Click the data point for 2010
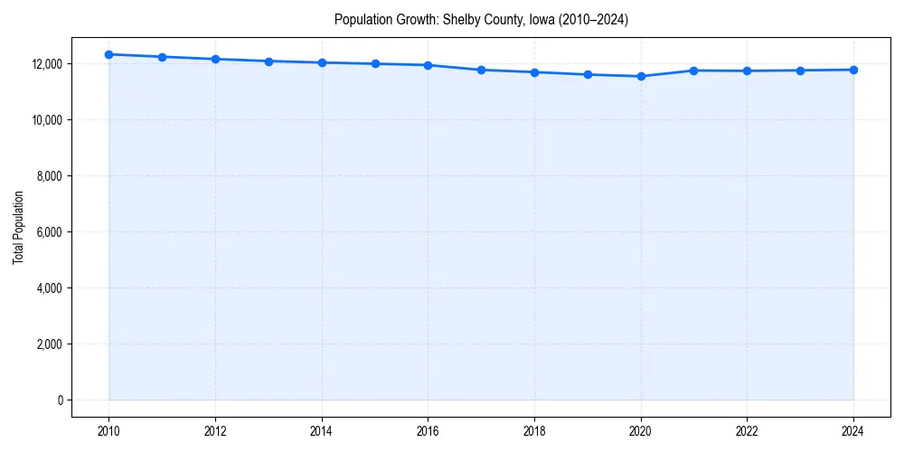point(108,54)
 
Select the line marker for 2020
point(641,76)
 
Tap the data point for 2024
point(853,70)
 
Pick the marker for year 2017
point(481,70)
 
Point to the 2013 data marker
point(268,61)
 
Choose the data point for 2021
point(694,71)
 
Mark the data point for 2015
point(375,63)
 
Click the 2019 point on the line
point(588,74)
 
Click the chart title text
point(481,19)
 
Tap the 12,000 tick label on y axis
point(46,64)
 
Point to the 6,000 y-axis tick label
point(49,232)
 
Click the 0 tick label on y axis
point(59,400)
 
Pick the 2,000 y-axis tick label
point(49,344)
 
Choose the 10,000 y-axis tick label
point(46,120)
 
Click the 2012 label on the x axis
point(215,431)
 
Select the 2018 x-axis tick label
point(534,431)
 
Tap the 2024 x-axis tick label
point(853,431)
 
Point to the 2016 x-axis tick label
point(428,431)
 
